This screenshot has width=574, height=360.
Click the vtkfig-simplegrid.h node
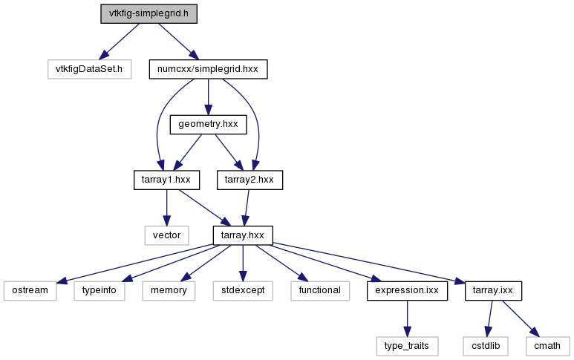point(149,14)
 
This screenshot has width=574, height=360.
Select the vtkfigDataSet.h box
point(89,69)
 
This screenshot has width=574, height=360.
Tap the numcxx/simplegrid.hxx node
point(208,69)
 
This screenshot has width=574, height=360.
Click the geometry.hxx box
point(208,125)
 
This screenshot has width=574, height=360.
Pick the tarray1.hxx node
point(166,180)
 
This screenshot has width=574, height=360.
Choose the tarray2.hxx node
point(250,180)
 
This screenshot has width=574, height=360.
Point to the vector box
point(166,235)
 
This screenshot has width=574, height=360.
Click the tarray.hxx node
point(243,235)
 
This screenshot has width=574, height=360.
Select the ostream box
point(30,291)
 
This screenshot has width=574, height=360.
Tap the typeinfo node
point(100,291)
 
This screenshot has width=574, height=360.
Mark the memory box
point(169,291)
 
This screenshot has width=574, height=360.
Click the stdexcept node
point(243,291)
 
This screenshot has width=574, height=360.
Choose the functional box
point(320,291)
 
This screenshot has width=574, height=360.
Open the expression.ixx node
point(407,291)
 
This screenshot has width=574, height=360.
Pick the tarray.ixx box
point(493,291)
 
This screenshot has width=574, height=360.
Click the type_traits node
point(407,346)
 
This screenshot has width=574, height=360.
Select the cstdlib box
point(486,346)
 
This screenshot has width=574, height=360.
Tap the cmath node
point(548,346)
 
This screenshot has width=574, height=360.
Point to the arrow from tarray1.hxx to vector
point(166,208)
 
